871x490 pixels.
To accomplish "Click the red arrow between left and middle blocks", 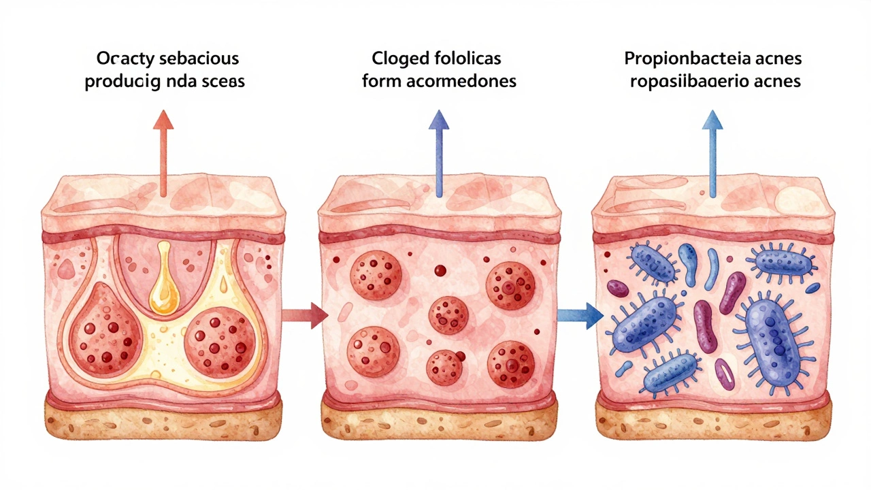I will coord(306,314).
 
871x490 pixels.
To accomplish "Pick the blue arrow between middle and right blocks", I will coord(580,314).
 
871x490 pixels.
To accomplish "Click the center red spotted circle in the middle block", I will coord(448,315).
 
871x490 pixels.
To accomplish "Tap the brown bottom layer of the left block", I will coord(163,415).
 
